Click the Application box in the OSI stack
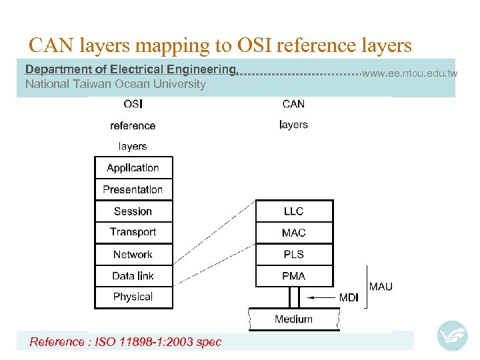click(133, 168)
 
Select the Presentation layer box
click(133, 189)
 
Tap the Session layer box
click(133, 211)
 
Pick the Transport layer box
click(133, 232)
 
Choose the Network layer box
click(133, 254)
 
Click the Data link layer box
click(133, 275)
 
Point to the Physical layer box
click(133, 297)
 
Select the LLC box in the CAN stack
click(293, 211)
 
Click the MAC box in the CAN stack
click(293, 233)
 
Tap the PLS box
click(293, 254)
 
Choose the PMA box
click(293, 275)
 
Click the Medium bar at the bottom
click(293, 319)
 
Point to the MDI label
click(349, 297)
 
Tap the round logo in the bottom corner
click(452, 335)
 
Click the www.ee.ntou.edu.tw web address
click(410, 73)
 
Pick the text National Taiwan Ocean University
click(115, 84)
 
